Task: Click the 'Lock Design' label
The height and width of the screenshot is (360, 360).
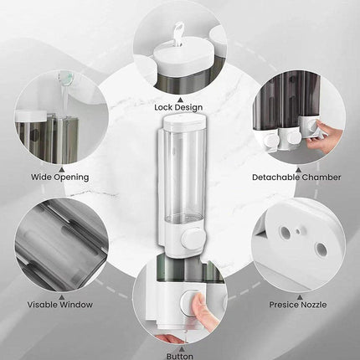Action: pos(178,107)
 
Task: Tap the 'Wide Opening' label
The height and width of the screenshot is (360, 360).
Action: pos(60,177)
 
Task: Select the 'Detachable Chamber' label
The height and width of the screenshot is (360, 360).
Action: pos(296,177)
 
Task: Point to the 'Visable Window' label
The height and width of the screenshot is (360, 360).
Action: pos(60,305)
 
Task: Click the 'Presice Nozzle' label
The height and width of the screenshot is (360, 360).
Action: pos(298,305)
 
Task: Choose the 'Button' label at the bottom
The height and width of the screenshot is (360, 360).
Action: pos(180,356)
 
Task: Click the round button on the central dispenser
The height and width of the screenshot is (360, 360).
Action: pos(192,239)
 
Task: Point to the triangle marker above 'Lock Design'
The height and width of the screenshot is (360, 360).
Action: pos(181,99)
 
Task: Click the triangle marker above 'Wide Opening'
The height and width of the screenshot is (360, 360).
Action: pos(62,169)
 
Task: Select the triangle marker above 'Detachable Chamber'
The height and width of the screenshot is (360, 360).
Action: pos(298,169)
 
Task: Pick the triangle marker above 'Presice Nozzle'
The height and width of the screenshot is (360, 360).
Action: pos(300,297)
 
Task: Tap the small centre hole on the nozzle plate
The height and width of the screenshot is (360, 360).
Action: pos(298,231)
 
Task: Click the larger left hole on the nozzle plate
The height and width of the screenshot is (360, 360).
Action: pos(285,231)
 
